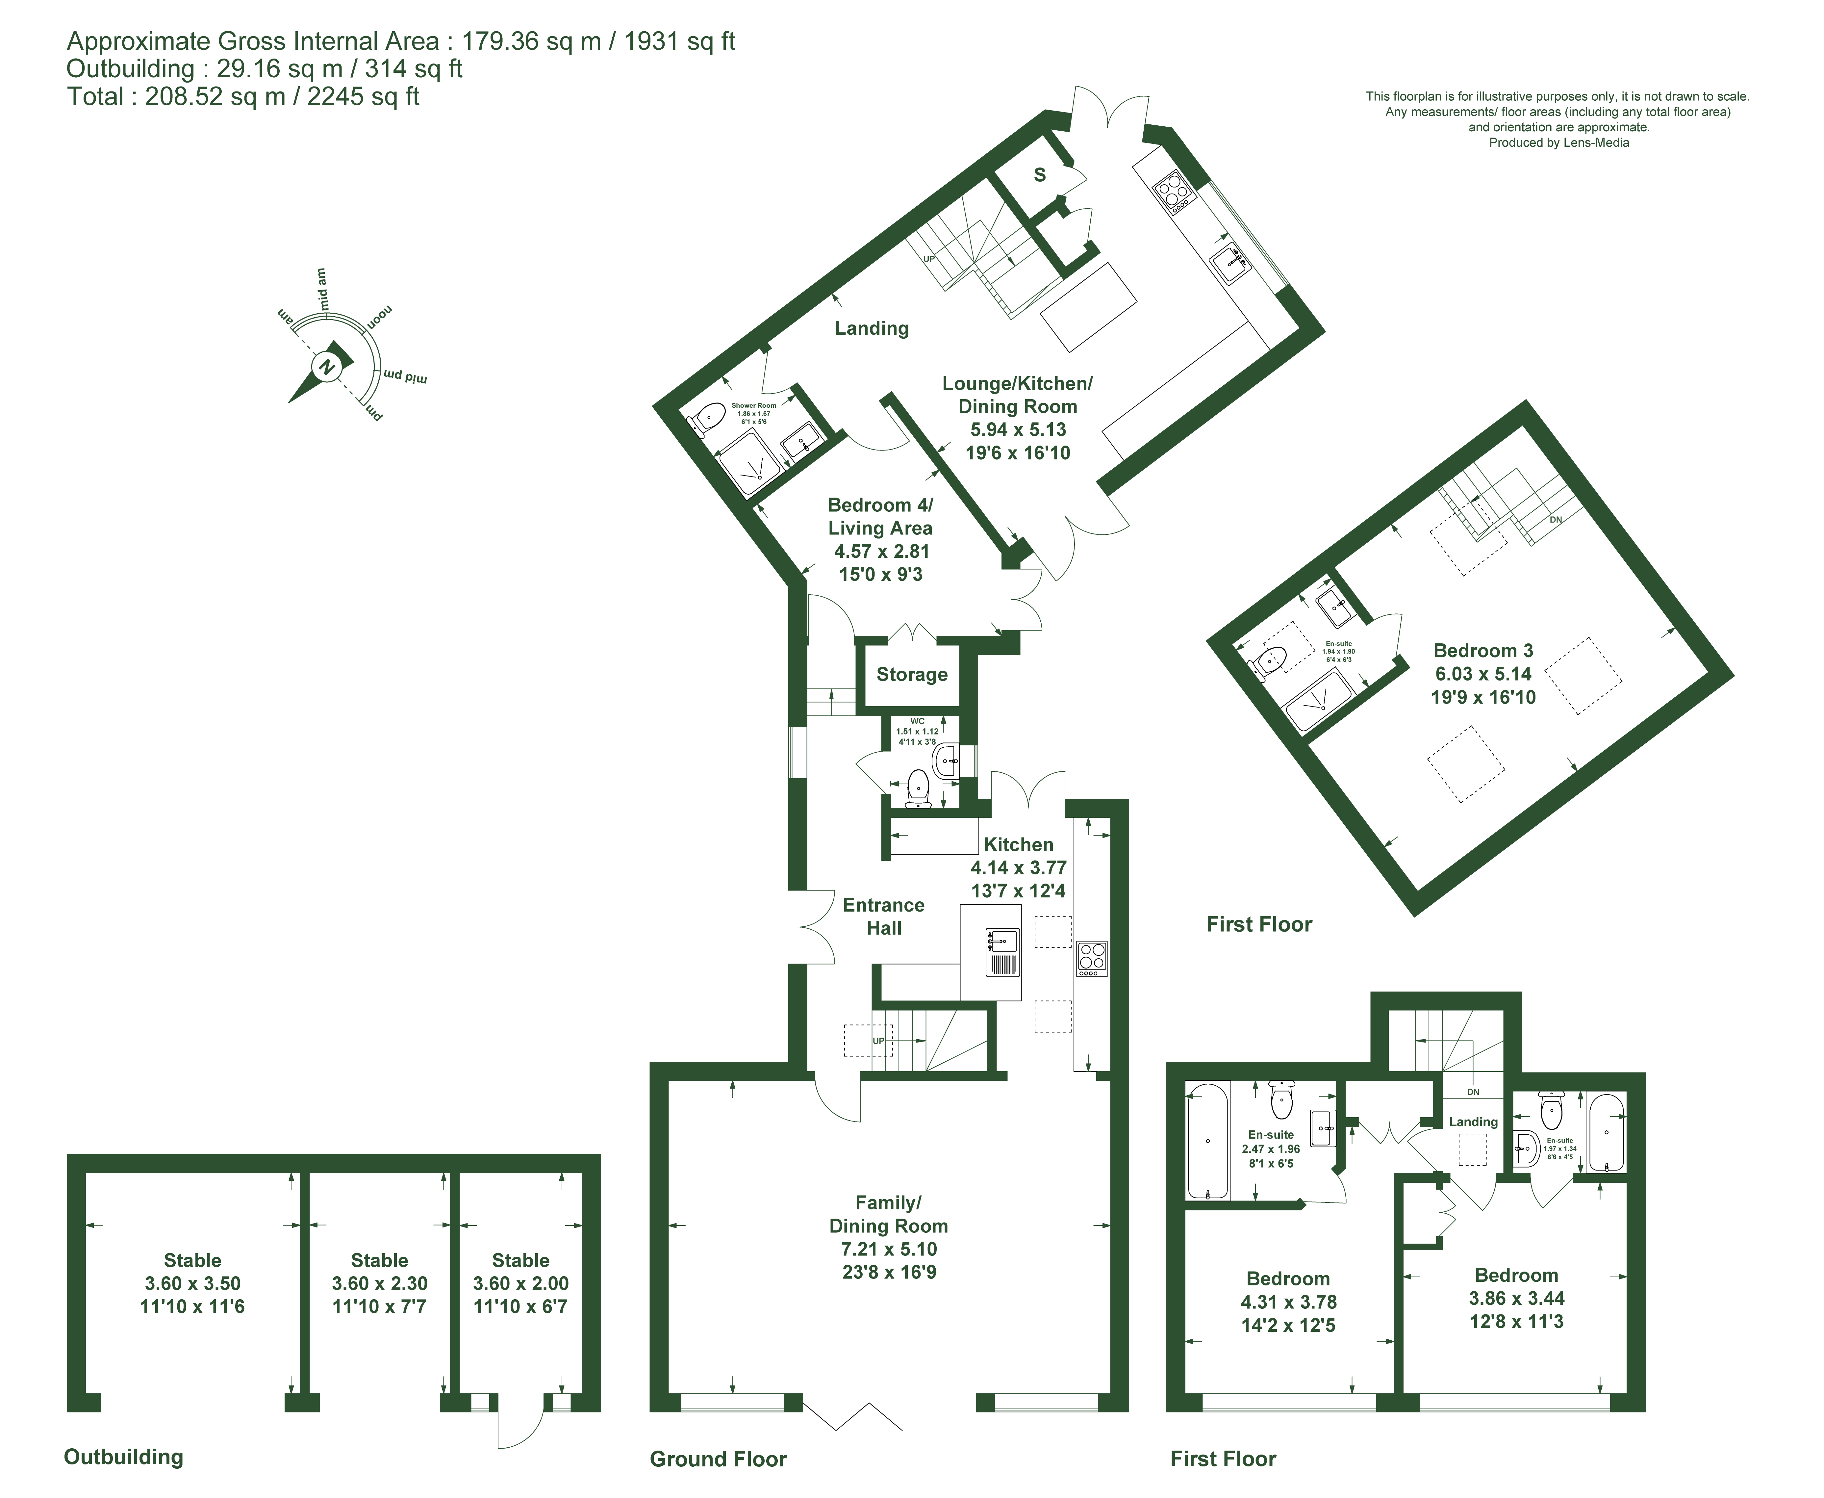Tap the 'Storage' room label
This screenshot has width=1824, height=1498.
pos(912,675)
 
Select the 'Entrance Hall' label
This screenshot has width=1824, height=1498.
pos(883,917)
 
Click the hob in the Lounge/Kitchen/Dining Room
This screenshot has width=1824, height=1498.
pos(1174,193)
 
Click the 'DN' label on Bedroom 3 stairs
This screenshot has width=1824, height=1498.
pos(1556,520)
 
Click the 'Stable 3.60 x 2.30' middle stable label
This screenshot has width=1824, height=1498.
pos(380,1283)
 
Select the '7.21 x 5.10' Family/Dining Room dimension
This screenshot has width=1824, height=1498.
pos(889,1249)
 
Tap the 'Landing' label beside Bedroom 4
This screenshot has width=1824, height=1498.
pos(872,328)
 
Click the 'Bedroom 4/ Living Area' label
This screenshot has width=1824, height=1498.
pos(880,516)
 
